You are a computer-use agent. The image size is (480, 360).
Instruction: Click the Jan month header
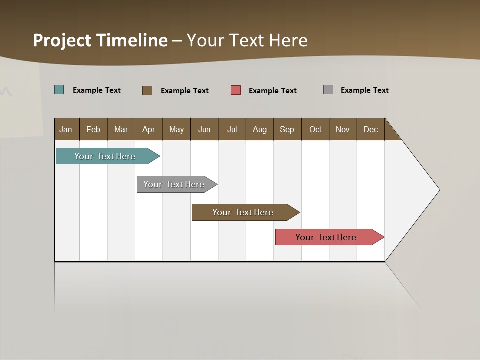66,129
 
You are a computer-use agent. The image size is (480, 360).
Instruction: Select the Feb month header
93,129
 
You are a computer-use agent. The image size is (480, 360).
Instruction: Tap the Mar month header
121,129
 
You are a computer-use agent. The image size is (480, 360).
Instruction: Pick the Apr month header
149,129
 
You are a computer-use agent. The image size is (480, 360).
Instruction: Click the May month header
176,129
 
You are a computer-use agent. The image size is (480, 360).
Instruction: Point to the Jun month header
204,129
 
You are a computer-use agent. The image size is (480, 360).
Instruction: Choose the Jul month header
232,129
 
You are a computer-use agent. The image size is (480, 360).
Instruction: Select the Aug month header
260,129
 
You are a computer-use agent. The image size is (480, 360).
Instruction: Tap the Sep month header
287,129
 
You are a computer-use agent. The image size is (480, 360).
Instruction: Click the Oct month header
315,129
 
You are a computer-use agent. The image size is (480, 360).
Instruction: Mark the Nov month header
343,129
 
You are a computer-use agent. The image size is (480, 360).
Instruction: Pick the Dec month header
370,129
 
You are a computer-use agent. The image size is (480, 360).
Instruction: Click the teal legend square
59,90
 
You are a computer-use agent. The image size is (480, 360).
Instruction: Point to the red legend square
236,90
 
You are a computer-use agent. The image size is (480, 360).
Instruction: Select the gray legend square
328,90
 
